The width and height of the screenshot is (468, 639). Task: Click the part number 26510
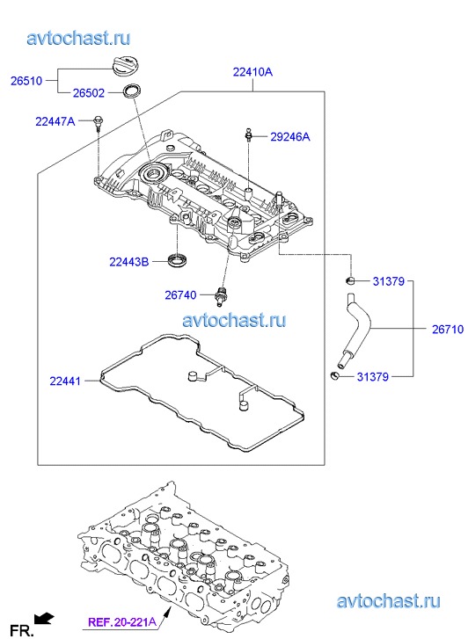coord(26,81)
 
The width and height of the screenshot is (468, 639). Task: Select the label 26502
coord(89,93)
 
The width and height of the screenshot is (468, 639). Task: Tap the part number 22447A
coord(55,121)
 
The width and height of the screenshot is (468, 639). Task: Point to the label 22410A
coord(252,72)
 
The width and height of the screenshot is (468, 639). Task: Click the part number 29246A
coord(290,136)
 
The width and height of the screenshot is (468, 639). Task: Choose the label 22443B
coord(129,262)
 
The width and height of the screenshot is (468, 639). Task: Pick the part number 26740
coord(180,295)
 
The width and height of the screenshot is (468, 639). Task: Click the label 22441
coord(65,381)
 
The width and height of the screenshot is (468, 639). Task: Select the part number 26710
coord(448,330)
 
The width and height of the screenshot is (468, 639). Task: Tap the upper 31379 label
coord(389,281)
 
